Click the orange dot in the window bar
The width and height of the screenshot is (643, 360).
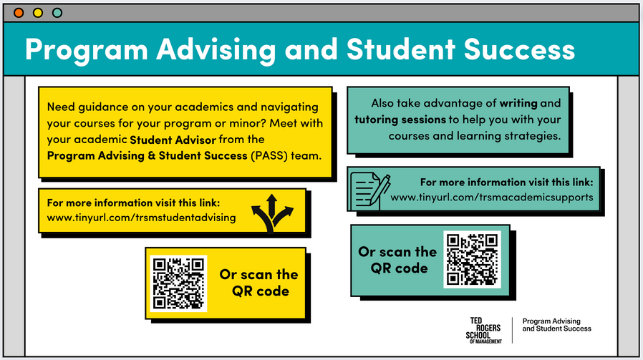(x=19, y=13)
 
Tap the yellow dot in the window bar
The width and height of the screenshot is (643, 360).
(x=38, y=13)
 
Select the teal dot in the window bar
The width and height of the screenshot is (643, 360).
(x=57, y=13)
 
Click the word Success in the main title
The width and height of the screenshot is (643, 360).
(x=519, y=49)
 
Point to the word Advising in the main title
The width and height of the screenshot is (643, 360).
(x=216, y=51)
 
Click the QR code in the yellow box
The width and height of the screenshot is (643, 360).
(x=178, y=283)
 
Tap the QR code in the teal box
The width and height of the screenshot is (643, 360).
(x=472, y=259)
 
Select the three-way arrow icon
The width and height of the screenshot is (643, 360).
(x=272, y=213)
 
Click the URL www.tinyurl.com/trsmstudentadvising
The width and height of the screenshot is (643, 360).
(x=142, y=218)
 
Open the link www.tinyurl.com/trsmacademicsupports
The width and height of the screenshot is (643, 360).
(x=492, y=198)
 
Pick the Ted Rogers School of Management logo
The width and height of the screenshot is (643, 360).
(x=484, y=330)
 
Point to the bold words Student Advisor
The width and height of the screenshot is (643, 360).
(x=173, y=140)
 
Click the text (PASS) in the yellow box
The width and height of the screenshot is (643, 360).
(x=269, y=156)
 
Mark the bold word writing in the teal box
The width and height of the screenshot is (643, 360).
(x=518, y=103)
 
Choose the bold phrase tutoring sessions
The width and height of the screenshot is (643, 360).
(x=400, y=120)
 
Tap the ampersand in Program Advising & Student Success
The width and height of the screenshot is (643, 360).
(x=151, y=156)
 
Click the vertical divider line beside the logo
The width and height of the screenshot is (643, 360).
(x=512, y=330)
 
